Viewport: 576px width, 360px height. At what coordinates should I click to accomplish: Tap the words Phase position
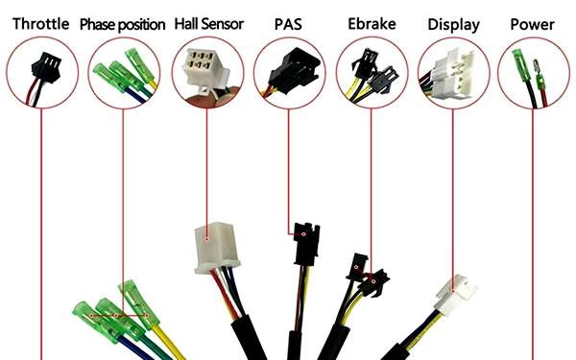tap(122, 24)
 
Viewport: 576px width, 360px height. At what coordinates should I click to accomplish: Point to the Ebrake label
tap(371, 23)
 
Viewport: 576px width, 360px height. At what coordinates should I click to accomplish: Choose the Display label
tap(453, 23)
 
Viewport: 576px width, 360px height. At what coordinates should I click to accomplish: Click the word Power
tap(533, 23)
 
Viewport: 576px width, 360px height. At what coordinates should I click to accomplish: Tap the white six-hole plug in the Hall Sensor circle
tap(204, 69)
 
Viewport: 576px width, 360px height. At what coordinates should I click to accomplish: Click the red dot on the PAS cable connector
tap(301, 231)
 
